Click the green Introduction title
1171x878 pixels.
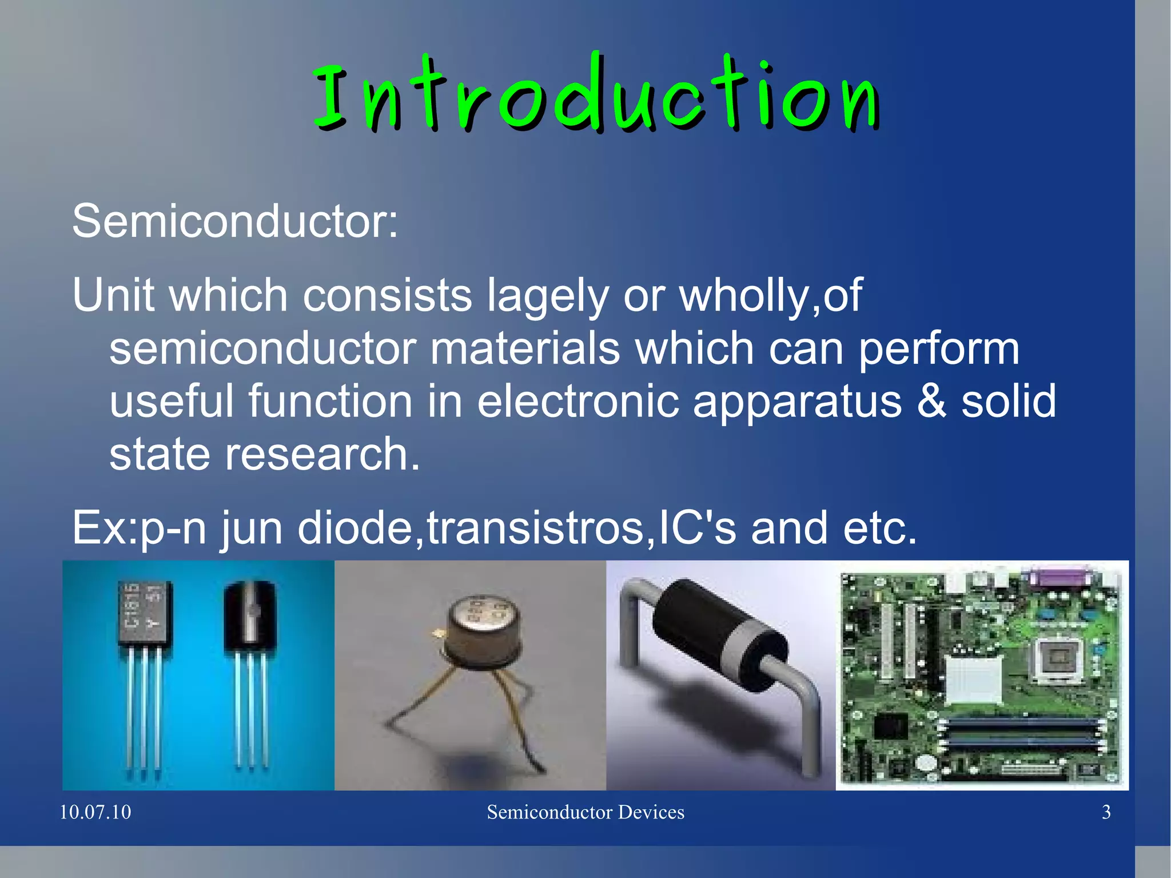click(596, 94)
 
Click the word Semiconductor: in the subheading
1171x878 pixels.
click(234, 221)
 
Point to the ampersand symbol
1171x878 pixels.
click(931, 401)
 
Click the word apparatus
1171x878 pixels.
click(797, 402)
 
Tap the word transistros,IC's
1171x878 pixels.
click(581, 527)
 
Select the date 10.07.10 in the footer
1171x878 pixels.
click(95, 812)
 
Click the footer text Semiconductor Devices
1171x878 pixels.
click(585, 812)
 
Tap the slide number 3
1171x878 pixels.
click(1106, 812)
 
